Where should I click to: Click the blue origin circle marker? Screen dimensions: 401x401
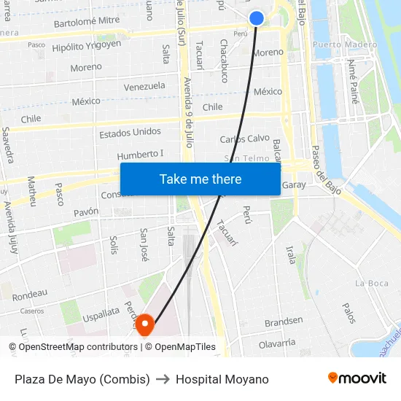click(x=257, y=18)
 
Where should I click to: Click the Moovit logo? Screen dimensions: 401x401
click(x=357, y=378)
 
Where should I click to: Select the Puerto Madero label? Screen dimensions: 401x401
click(x=345, y=44)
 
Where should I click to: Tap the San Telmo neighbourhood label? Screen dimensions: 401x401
click(x=246, y=158)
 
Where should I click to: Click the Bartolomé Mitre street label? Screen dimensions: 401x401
click(x=87, y=22)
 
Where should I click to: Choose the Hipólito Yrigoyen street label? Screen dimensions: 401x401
click(x=87, y=46)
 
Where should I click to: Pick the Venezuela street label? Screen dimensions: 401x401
click(x=144, y=86)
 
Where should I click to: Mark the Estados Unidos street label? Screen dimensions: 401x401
click(x=130, y=133)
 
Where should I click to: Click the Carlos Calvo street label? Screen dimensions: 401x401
click(x=245, y=139)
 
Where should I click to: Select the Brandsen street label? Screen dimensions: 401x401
click(x=284, y=321)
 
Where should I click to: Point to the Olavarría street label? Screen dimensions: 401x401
click(x=277, y=342)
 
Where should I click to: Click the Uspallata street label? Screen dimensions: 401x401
click(x=101, y=311)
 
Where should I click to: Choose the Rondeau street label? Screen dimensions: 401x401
click(x=30, y=294)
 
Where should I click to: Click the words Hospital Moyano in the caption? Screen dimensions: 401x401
click(x=222, y=379)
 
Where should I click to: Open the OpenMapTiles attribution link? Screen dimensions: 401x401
click(x=185, y=347)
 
